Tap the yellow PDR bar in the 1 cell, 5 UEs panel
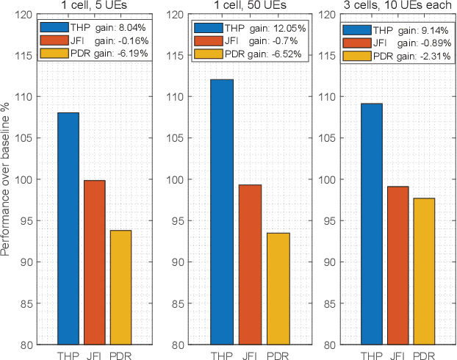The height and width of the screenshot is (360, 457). [x=120, y=287]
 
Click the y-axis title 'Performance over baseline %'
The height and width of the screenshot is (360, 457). [x=7, y=180]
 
